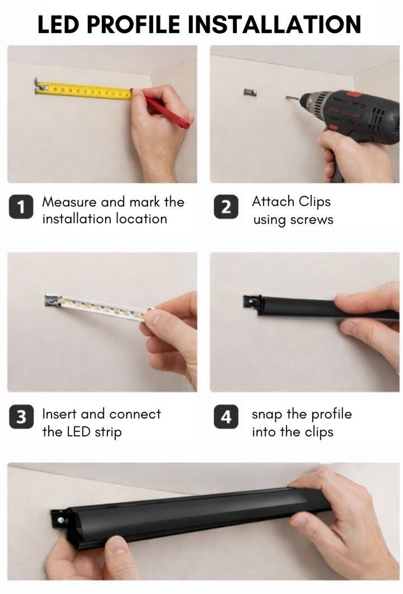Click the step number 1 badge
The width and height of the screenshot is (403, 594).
21,207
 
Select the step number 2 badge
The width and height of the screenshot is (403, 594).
226,207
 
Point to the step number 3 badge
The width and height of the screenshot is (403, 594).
21,417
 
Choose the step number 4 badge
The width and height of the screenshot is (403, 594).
226,417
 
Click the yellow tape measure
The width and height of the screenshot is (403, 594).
85,91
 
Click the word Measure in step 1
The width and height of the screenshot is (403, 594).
69,202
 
